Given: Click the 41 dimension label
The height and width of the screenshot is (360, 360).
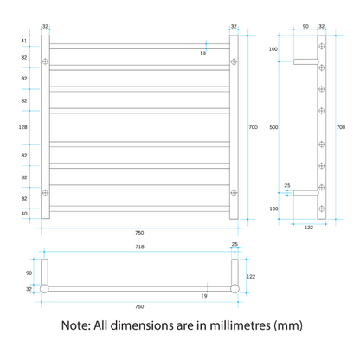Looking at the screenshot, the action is (24, 41).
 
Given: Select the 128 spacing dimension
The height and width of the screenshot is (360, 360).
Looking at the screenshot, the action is (23, 127).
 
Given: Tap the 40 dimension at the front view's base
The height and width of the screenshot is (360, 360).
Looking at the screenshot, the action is (24, 214).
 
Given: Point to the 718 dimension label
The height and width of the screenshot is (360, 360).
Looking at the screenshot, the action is (139, 247).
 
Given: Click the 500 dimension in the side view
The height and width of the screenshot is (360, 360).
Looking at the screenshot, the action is (273, 127).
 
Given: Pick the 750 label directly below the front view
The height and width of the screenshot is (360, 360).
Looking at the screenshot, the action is (139, 233).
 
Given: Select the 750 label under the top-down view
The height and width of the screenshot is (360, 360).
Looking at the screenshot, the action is (139, 306).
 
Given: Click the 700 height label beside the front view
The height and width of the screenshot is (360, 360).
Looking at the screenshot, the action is (254, 127).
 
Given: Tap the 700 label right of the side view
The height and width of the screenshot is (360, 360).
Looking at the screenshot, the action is (341, 127).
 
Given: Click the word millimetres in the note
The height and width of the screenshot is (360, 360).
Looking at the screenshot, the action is (240, 325).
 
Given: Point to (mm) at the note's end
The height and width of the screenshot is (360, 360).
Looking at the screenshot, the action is (288, 326).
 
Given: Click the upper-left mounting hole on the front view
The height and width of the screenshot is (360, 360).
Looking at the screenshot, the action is (45, 61).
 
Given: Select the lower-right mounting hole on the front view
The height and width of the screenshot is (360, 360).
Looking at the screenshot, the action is (234, 192).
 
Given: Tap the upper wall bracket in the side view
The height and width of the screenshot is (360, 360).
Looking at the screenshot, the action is (306, 61).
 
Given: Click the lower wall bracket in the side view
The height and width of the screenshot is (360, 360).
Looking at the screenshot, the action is (306, 193).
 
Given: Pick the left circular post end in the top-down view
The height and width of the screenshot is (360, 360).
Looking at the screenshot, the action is (44, 289).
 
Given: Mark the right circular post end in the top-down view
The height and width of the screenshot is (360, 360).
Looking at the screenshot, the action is (235, 289).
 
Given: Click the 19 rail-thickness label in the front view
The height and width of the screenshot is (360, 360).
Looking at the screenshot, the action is (202, 54).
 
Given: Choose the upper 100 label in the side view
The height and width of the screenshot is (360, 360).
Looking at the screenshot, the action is (273, 49).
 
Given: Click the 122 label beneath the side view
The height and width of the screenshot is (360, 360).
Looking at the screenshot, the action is (309, 228).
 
